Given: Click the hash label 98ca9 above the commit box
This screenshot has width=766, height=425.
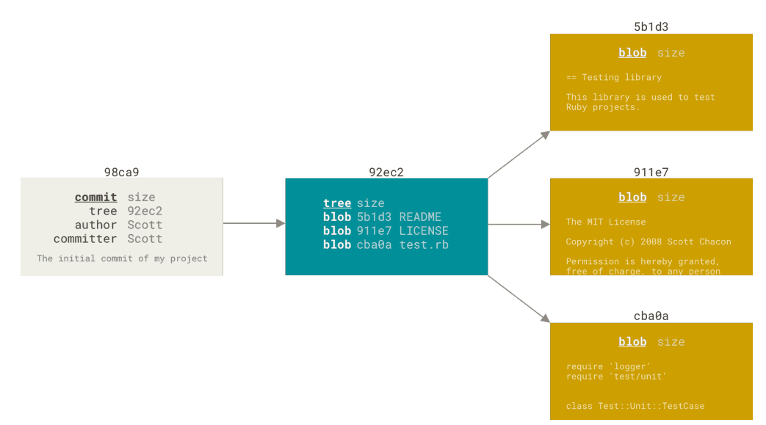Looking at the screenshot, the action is tap(121, 172).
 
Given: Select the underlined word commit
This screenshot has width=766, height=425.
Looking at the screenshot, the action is tap(95, 197).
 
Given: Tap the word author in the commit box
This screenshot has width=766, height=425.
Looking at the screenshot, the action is tap(95, 225).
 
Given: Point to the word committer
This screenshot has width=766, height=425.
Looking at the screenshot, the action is tap(85, 239).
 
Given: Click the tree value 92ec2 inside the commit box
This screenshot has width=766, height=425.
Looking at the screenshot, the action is tap(145, 211).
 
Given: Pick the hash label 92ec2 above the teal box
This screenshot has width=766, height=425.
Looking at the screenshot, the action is tap(386, 172).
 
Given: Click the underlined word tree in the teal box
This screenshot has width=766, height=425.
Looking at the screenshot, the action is tap(337, 203).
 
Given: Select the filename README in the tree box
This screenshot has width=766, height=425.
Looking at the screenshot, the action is tap(420, 217).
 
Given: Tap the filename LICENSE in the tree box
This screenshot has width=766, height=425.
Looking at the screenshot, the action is tap(424, 230).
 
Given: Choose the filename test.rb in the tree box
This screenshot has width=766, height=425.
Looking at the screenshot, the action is tap(424, 244).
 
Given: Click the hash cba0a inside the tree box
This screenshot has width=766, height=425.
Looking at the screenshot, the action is tap(374, 244).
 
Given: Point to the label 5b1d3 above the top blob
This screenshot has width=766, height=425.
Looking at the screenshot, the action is tap(651, 27).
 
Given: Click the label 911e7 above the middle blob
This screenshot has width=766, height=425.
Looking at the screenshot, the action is tap(651, 172).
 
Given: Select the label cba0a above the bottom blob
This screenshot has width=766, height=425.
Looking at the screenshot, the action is tap(651, 316).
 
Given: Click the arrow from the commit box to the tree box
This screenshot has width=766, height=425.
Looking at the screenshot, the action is tap(254, 223).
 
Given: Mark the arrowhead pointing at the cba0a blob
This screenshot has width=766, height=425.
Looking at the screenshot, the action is tap(546, 319).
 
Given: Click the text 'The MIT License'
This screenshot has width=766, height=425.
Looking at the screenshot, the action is tap(606, 222).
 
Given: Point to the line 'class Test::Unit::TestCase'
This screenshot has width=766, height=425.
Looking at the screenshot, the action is tap(635, 406).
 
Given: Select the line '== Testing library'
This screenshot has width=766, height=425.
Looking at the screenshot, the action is tap(614, 77).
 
